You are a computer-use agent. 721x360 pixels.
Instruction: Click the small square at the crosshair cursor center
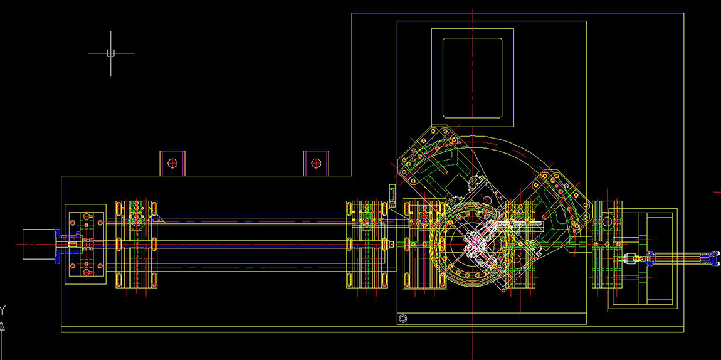110,53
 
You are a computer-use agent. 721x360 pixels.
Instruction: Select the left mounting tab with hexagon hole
172,163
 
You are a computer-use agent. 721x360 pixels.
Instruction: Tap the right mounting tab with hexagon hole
316,163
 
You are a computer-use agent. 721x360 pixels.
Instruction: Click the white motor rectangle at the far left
39,244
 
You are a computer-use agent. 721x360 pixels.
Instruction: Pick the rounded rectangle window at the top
472,78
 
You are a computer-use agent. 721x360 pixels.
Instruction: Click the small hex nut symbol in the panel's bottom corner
403,318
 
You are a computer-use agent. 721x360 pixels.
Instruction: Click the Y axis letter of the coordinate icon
3,310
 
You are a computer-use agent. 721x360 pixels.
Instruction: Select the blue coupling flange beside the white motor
58,246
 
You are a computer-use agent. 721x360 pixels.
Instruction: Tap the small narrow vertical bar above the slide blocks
392,196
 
